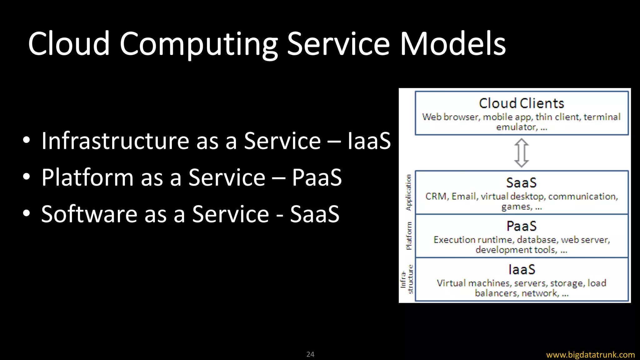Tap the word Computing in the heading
[198, 44]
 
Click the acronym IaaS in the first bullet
[369, 141]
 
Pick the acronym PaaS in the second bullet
[317, 177]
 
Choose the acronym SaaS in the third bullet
[315, 214]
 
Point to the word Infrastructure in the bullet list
[115, 141]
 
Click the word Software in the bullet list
[89, 214]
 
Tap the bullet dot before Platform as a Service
[27, 177]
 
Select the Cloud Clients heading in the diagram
[521, 103]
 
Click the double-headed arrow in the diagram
[522, 153]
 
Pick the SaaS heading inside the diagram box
[521, 183]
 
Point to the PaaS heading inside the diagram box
[521, 226]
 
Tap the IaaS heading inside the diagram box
[522, 270]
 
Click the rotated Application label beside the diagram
[408, 192]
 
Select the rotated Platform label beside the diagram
[408, 236]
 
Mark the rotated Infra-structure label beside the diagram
[407, 279]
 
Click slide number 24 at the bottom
[310, 354]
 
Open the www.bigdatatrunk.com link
[590, 355]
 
